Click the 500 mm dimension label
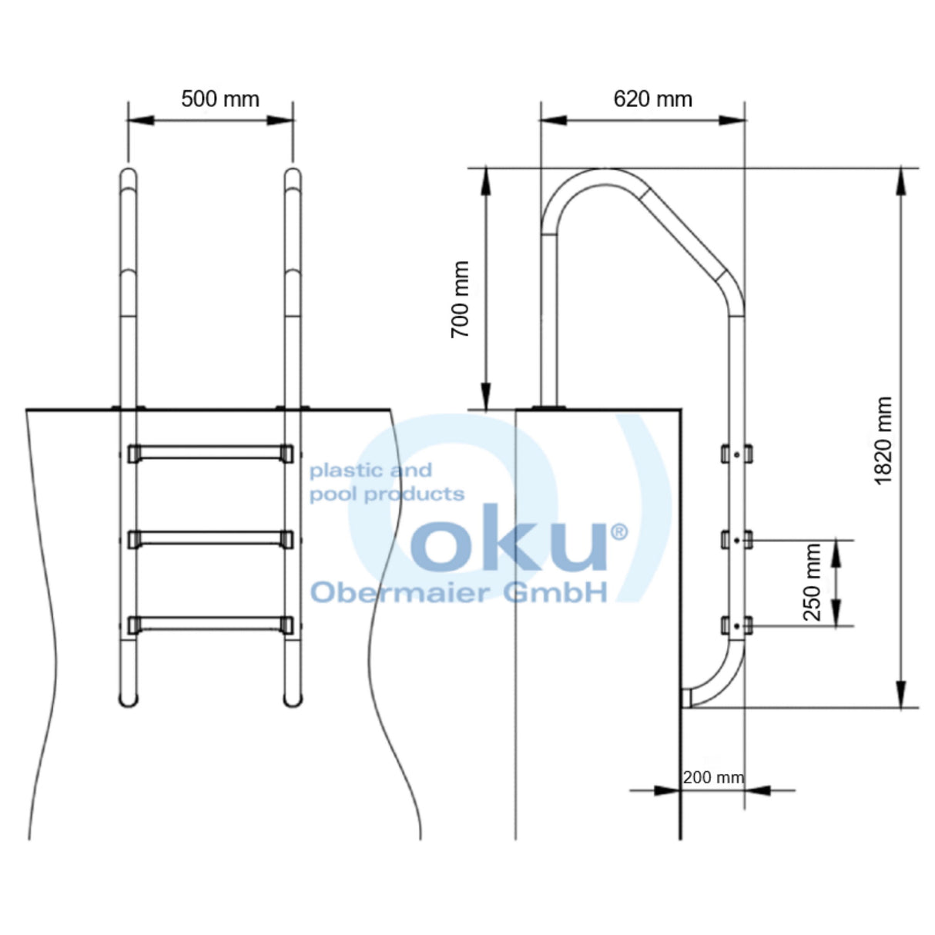click(220, 99)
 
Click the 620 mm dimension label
click(652, 99)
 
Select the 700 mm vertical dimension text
click(461, 299)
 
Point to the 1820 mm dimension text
click(883, 441)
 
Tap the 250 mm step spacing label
click(813, 582)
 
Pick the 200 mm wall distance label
click(713, 777)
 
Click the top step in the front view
click(210, 453)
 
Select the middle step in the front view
click(210, 539)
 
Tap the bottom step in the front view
click(210, 625)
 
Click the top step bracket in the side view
click(736, 454)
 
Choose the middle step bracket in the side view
click(736, 541)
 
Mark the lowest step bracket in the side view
click(736, 626)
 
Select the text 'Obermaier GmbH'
click(458, 592)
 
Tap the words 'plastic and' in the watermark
click(370, 470)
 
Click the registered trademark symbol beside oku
click(618, 531)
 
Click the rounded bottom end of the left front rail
click(129, 699)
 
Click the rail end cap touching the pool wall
click(686, 698)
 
